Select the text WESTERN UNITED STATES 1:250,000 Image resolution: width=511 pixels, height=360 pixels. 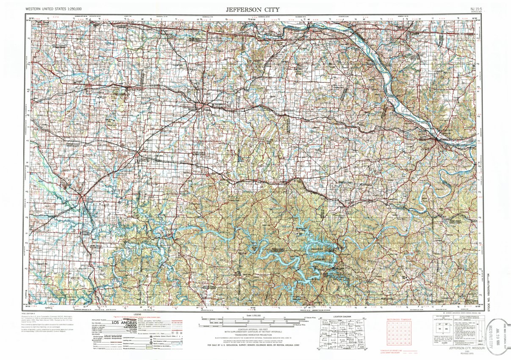point(53,8)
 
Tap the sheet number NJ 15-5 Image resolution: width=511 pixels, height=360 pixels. point(475,8)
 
